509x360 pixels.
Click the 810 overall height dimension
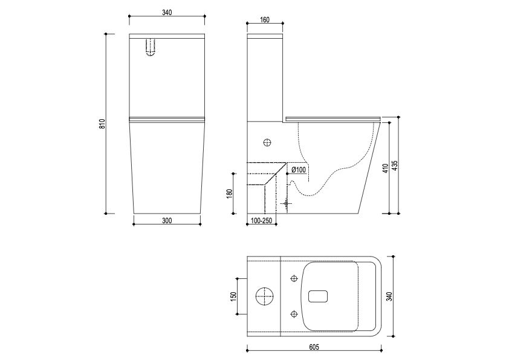[102, 123]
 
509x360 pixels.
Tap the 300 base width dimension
[167, 220]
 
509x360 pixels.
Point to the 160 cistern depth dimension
[265, 19]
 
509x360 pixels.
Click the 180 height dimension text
[230, 193]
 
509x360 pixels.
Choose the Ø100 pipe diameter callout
[299, 169]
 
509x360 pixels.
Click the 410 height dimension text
[385, 168]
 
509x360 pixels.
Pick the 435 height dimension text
[394, 165]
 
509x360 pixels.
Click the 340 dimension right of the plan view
[390, 296]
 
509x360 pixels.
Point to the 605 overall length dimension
[314, 347]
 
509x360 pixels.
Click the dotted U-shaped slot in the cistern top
[151, 47]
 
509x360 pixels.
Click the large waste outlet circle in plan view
[265, 296]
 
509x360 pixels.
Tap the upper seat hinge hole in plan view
[294, 278]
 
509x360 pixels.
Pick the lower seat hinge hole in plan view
[294, 313]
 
